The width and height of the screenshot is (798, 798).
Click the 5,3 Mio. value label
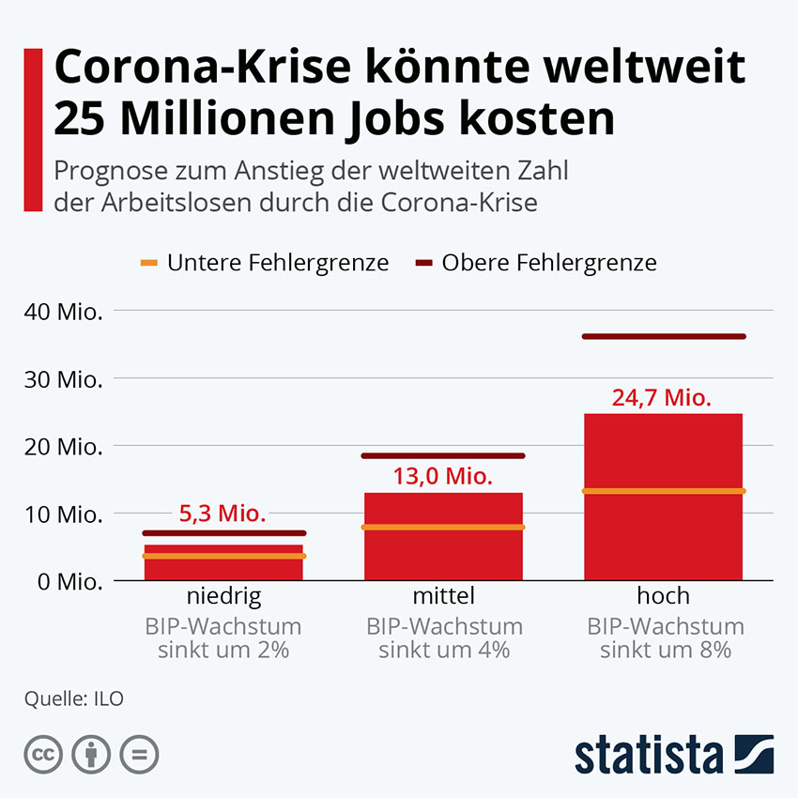click(223, 514)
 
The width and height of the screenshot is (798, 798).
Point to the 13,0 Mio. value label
click(443, 476)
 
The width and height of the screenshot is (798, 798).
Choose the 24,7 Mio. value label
click(663, 397)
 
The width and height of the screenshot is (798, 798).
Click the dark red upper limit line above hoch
click(663, 336)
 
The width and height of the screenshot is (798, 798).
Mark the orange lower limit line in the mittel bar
click(443, 527)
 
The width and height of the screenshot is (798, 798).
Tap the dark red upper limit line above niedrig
click(223, 532)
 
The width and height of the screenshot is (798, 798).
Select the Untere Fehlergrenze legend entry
click(265, 263)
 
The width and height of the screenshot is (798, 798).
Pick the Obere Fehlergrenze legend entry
click(536, 263)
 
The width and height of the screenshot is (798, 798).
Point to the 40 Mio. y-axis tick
click(65, 311)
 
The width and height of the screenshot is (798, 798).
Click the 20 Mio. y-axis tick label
click(65, 446)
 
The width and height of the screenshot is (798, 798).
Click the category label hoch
click(663, 595)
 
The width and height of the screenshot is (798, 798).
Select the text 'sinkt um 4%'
click(443, 650)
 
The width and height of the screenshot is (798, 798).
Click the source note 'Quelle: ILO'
click(75, 698)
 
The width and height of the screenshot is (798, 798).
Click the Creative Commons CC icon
click(43, 754)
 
